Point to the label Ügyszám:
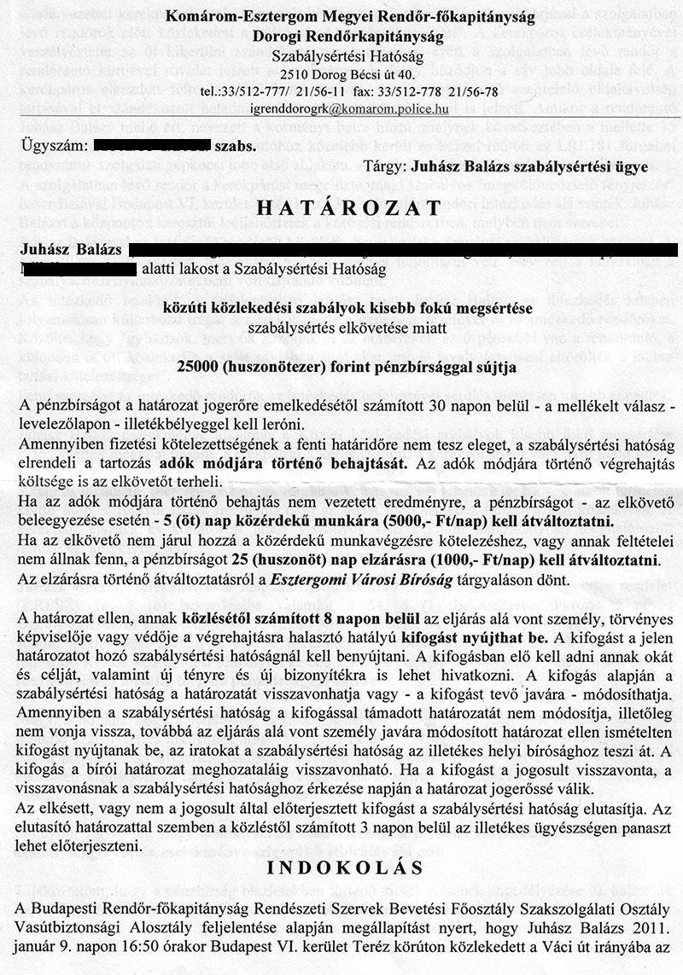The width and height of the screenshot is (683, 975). [x=50, y=145]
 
